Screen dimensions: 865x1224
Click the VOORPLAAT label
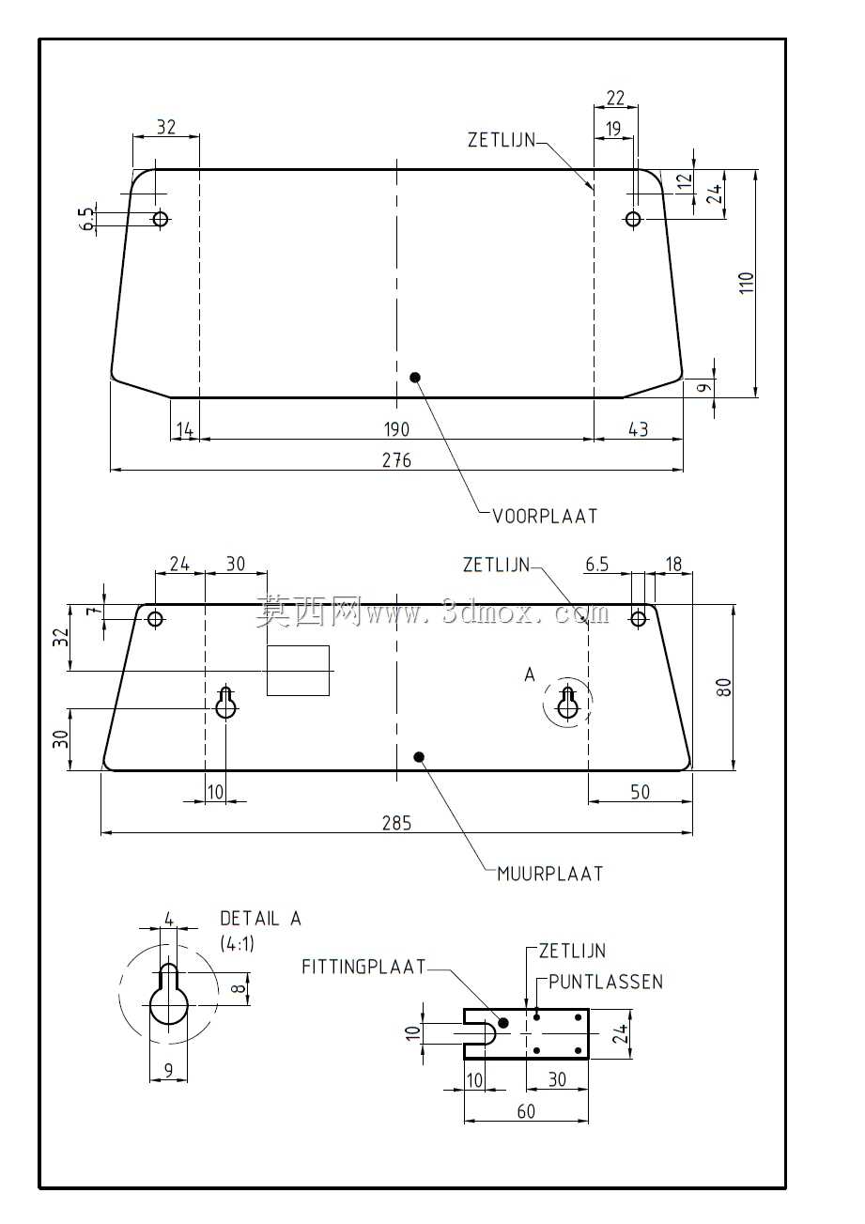545,517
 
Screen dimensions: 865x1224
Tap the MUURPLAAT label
549,874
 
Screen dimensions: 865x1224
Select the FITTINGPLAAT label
363,968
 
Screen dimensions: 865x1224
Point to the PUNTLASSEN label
606,982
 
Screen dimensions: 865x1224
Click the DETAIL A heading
260,919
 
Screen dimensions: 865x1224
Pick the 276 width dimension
396,460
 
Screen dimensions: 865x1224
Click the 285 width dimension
396,823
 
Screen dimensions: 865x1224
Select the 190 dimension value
396,429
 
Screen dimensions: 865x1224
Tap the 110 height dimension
747,283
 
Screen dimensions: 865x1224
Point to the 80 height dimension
723,687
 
